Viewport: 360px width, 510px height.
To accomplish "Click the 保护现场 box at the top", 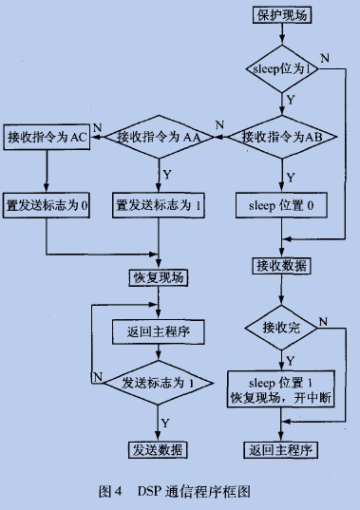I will [281, 16].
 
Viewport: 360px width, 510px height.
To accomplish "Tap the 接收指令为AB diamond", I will [281, 137].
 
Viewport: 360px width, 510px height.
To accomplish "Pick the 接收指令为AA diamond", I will [159, 137].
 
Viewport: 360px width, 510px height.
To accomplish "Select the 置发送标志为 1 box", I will [159, 204].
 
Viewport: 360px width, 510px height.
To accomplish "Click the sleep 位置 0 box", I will [281, 204].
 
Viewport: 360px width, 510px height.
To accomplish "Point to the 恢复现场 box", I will [159, 278].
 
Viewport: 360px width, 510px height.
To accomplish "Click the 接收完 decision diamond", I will [281, 328].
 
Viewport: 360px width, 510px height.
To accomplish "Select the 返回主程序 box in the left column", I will [159, 334].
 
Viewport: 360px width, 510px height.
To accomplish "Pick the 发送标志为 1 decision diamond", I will [159, 383].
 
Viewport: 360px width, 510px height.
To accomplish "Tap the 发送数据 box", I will [159, 449].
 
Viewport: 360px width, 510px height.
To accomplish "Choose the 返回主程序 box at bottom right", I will [281, 449].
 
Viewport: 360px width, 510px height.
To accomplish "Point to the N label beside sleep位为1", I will [326, 59].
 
